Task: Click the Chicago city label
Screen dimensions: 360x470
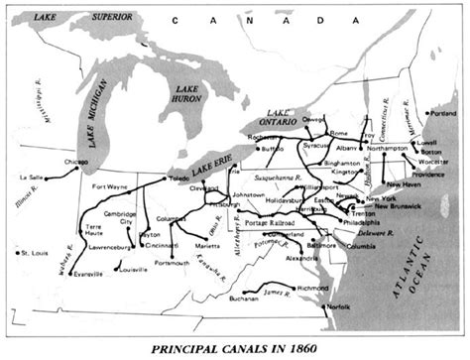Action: (76, 161)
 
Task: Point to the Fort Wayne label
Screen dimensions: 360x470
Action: (111, 186)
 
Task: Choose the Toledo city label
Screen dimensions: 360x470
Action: (178, 180)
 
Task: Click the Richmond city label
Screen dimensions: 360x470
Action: (308, 287)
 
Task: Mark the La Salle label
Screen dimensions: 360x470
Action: (31, 178)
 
